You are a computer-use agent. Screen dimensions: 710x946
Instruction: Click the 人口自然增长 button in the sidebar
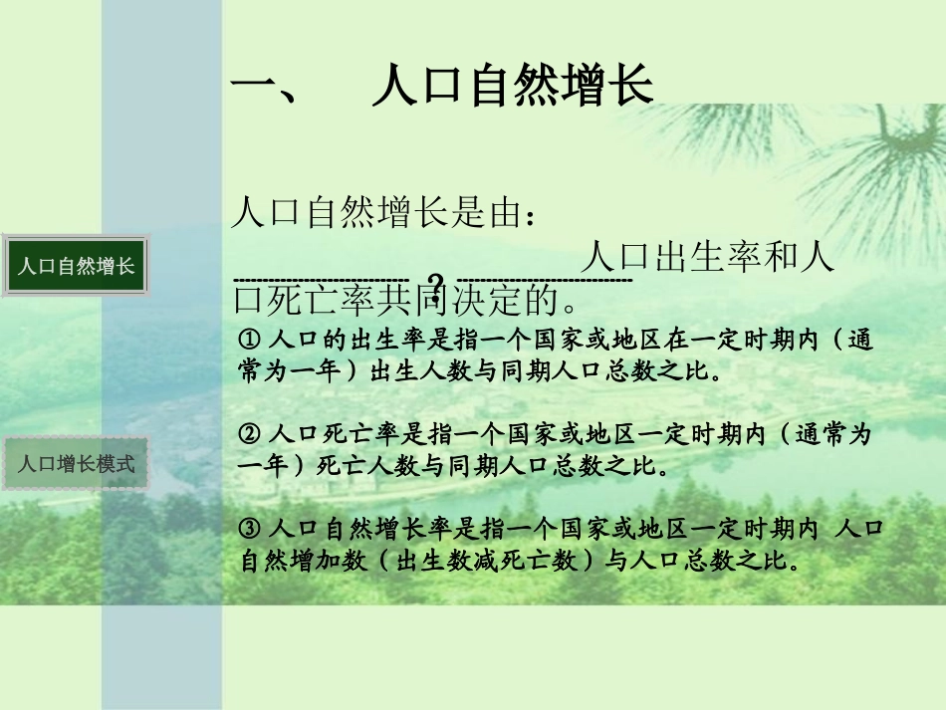pyautogui.click(x=77, y=266)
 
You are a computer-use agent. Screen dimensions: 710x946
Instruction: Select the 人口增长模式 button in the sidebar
pyautogui.click(x=77, y=464)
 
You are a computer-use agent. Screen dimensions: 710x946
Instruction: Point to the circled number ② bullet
pyautogui.click(x=251, y=435)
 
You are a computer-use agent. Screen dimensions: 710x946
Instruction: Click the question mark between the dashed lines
pyautogui.click(x=434, y=282)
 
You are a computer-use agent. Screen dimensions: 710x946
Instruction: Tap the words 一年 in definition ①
pyautogui.click(x=315, y=372)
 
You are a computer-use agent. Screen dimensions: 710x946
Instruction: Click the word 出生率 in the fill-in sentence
pyautogui.click(x=710, y=258)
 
